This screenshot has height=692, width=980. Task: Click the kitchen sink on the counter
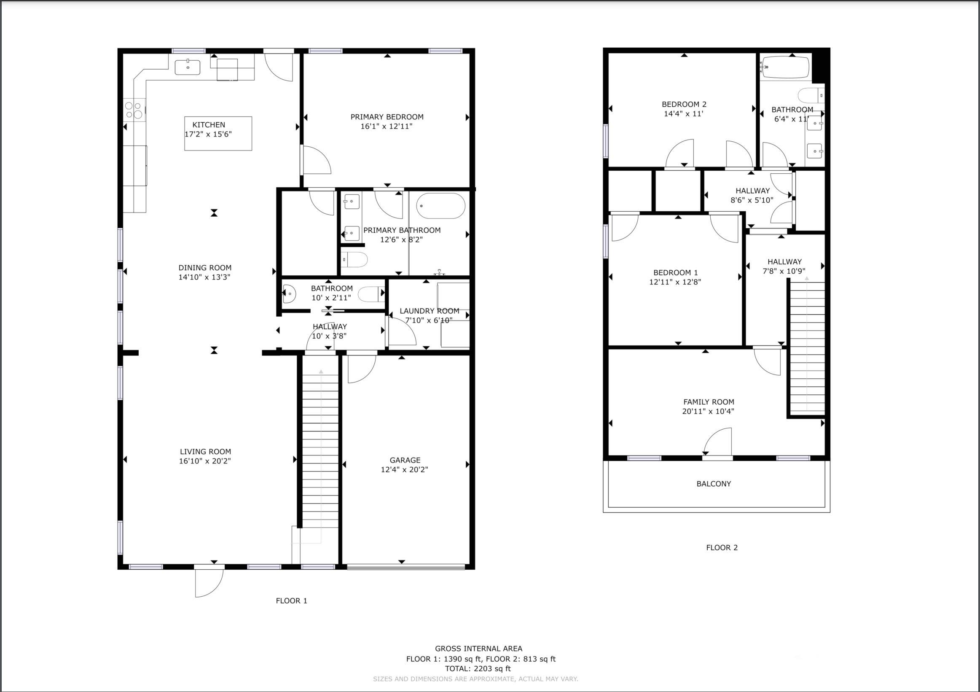188,67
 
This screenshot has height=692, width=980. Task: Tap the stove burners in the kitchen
133,110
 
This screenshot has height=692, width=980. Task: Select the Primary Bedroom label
387,116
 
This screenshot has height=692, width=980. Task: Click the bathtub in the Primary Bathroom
440,206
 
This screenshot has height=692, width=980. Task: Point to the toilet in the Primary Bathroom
354,259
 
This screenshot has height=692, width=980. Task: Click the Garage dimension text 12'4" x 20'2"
404,470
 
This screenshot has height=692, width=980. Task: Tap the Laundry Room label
429,311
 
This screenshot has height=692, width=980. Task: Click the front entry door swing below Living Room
208,582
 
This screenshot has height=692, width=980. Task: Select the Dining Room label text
205,268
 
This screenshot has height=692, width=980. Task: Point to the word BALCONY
714,484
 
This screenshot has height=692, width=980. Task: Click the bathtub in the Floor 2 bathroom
786,68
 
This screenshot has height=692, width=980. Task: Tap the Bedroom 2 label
684,104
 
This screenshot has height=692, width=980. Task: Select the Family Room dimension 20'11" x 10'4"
708,411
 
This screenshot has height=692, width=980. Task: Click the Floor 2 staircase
807,346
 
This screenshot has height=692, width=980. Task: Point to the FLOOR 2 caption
722,547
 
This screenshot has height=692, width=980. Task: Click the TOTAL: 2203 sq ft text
478,668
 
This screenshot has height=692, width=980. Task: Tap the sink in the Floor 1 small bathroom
289,293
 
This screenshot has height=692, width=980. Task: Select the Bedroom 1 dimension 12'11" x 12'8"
675,282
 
